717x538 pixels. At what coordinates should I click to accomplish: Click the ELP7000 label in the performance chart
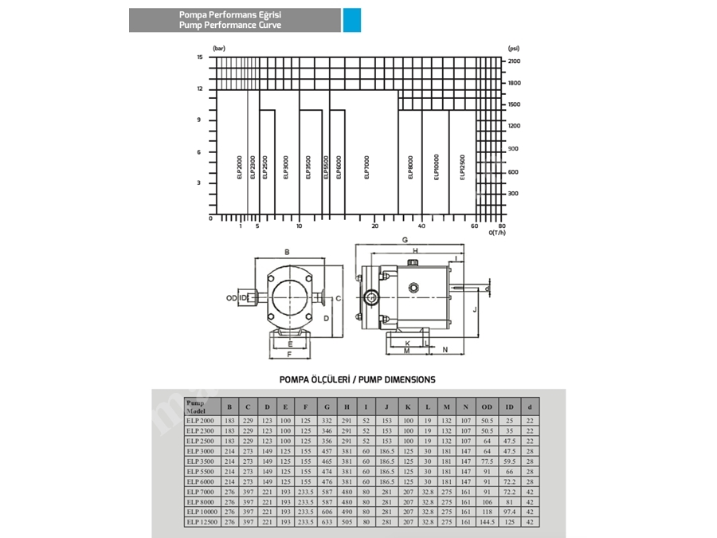click(x=367, y=167)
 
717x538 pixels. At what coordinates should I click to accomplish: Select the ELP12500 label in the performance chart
click(x=462, y=167)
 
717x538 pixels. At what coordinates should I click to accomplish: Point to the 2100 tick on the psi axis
click(x=514, y=61)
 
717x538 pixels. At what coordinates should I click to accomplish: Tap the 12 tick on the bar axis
click(x=200, y=89)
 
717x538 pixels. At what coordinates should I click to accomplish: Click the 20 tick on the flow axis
click(x=374, y=226)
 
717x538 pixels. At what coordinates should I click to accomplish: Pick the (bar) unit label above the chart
click(x=219, y=49)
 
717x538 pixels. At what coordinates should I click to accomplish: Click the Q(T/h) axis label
click(x=497, y=233)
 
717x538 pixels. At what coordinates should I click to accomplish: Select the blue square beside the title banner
click(x=352, y=20)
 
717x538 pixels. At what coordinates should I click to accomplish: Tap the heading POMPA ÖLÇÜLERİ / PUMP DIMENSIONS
click(x=357, y=379)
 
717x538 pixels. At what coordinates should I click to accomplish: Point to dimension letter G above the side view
click(x=405, y=239)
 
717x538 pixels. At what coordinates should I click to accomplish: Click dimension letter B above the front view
click(x=286, y=252)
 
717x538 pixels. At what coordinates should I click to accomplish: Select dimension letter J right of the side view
click(x=474, y=308)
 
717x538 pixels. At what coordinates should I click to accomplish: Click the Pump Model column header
click(x=199, y=406)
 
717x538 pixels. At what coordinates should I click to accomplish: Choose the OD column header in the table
click(x=487, y=406)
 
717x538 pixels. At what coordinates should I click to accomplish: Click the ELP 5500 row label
click(x=201, y=471)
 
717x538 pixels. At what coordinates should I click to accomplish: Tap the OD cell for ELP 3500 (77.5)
click(x=487, y=461)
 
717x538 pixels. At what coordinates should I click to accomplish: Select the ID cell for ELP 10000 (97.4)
click(x=510, y=512)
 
